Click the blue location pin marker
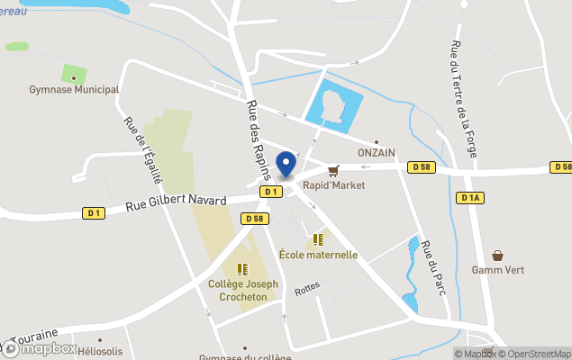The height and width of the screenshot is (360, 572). pyautogui.click(x=286, y=164)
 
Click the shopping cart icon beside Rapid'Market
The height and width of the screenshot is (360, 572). pyautogui.click(x=333, y=170)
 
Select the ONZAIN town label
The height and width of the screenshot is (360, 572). pyautogui.click(x=377, y=153)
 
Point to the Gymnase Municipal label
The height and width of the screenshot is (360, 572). pyautogui.click(x=74, y=89)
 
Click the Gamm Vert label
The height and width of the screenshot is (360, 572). pyautogui.click(x=498, y=270)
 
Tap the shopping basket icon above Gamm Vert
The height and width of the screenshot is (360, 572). pyautogui.click(x=498, y=256)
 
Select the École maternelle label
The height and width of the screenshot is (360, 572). pyautogui.click(x=318, y=255)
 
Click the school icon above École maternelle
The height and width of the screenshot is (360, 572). pyautogui.click(x=318, y=239)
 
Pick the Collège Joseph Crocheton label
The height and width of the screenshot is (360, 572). pyautogui.click(x=242, y=290)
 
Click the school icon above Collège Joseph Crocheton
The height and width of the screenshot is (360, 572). pyautogui.click(x=242, y=269)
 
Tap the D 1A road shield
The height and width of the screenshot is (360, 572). pyautogui.click(x=469, y=197)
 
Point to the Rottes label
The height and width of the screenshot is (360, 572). pyautogui.click(x=307, y=286)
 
